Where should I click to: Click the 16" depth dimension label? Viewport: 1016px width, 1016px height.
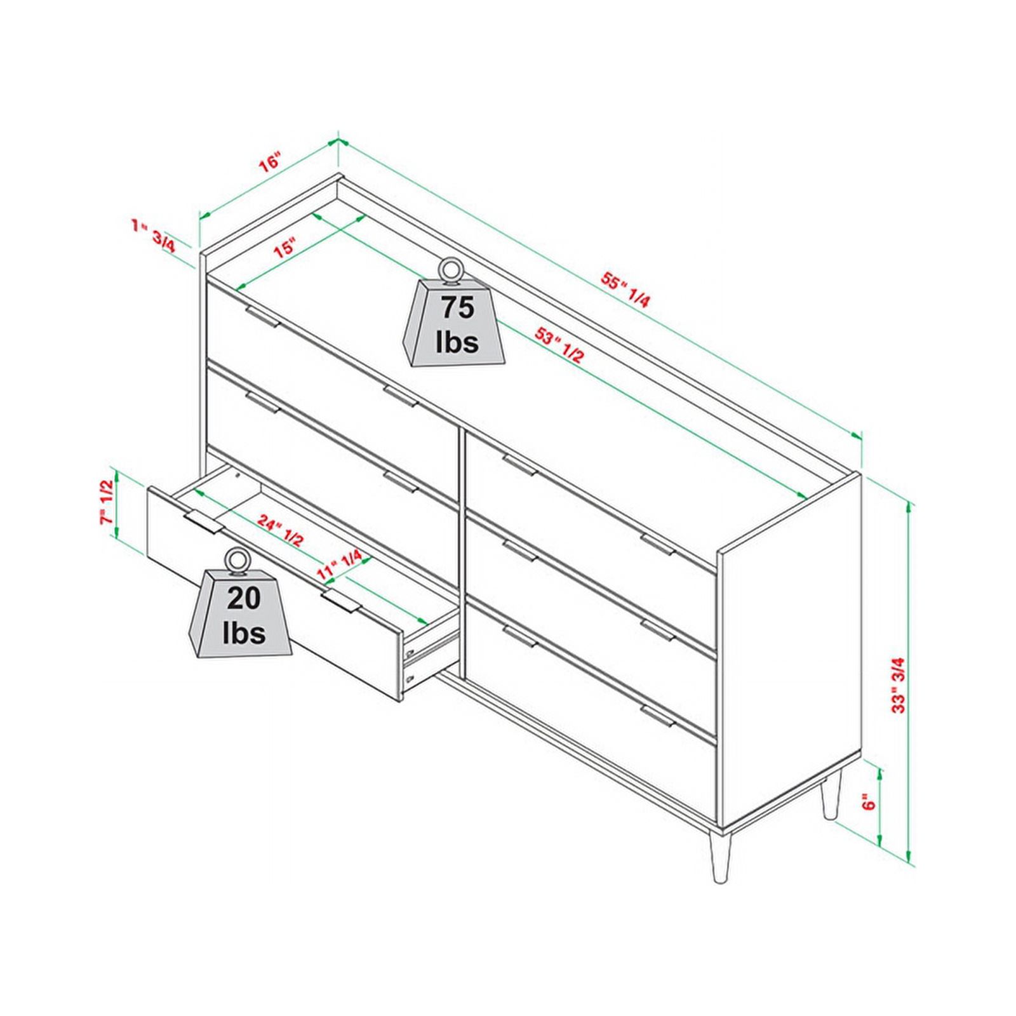[x=269, y=161]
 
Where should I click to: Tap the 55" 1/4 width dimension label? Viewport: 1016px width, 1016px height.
[x=626, y=290]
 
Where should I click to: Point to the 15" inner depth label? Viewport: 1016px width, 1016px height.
[x=284, y=246]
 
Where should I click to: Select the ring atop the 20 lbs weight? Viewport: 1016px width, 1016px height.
[x=237, y=560]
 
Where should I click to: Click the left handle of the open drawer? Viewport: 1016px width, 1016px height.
[x=203, y=521]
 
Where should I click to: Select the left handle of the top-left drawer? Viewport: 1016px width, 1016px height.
[x=262, y=317]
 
